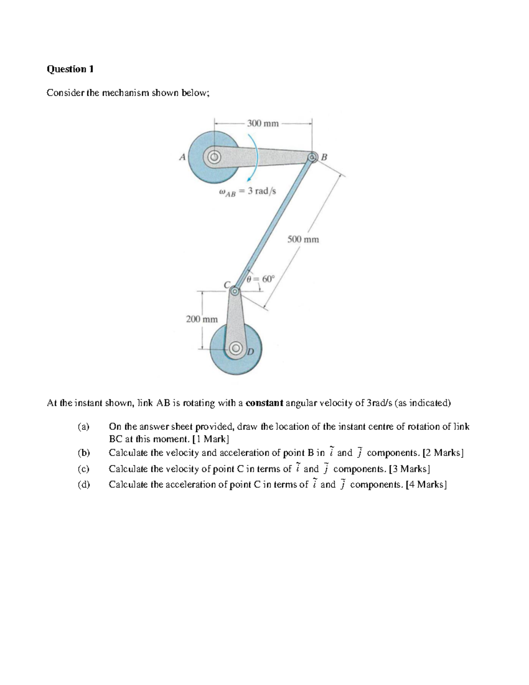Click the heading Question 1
click(70, 69)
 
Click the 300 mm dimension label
click(263, 124)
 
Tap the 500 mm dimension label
click(303, 240)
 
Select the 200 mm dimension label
click(202, 319)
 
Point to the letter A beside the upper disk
click(182, 157)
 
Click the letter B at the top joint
click(324, 157)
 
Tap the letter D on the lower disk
click(250, 351)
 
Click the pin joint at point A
click(214, 157)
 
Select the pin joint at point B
click(312, 157)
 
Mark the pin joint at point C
click(235, 291)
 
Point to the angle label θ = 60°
click(261, 279)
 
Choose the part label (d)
click(83, 484)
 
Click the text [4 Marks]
click(427, 484)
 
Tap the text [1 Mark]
click(211, 439)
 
